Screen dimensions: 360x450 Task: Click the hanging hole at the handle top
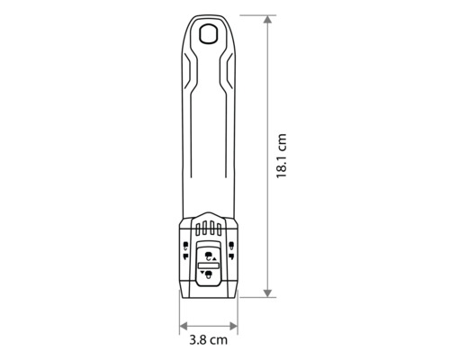[x=209, y=34]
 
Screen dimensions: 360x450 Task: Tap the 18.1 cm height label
[x=283, y=157]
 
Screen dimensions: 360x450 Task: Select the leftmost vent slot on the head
[x=199, y=228]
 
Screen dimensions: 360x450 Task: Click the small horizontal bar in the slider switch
[x=208, y=265]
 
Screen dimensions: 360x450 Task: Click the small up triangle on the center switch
[x=214, y=258]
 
